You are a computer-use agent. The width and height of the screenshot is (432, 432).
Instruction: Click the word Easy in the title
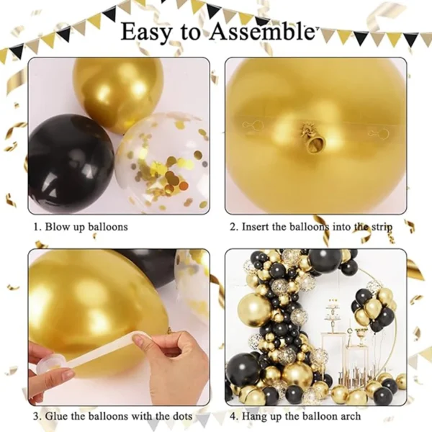[148, 32]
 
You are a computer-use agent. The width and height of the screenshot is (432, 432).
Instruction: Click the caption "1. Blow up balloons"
[80, 227]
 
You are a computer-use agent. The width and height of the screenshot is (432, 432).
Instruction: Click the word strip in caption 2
[380, 228]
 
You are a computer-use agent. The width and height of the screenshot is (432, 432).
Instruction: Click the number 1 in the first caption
[35, 227]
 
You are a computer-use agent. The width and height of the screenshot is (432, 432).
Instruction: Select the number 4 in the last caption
[233, 416]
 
